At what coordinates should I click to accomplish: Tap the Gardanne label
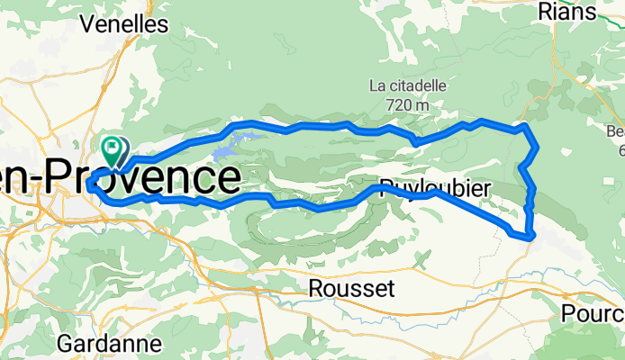click(x=110, y=343)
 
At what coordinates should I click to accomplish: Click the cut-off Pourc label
click(x=593, y=313)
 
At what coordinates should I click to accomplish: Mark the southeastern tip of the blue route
click(x=533, y=236)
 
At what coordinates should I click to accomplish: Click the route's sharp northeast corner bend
click(x=525, y=127)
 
